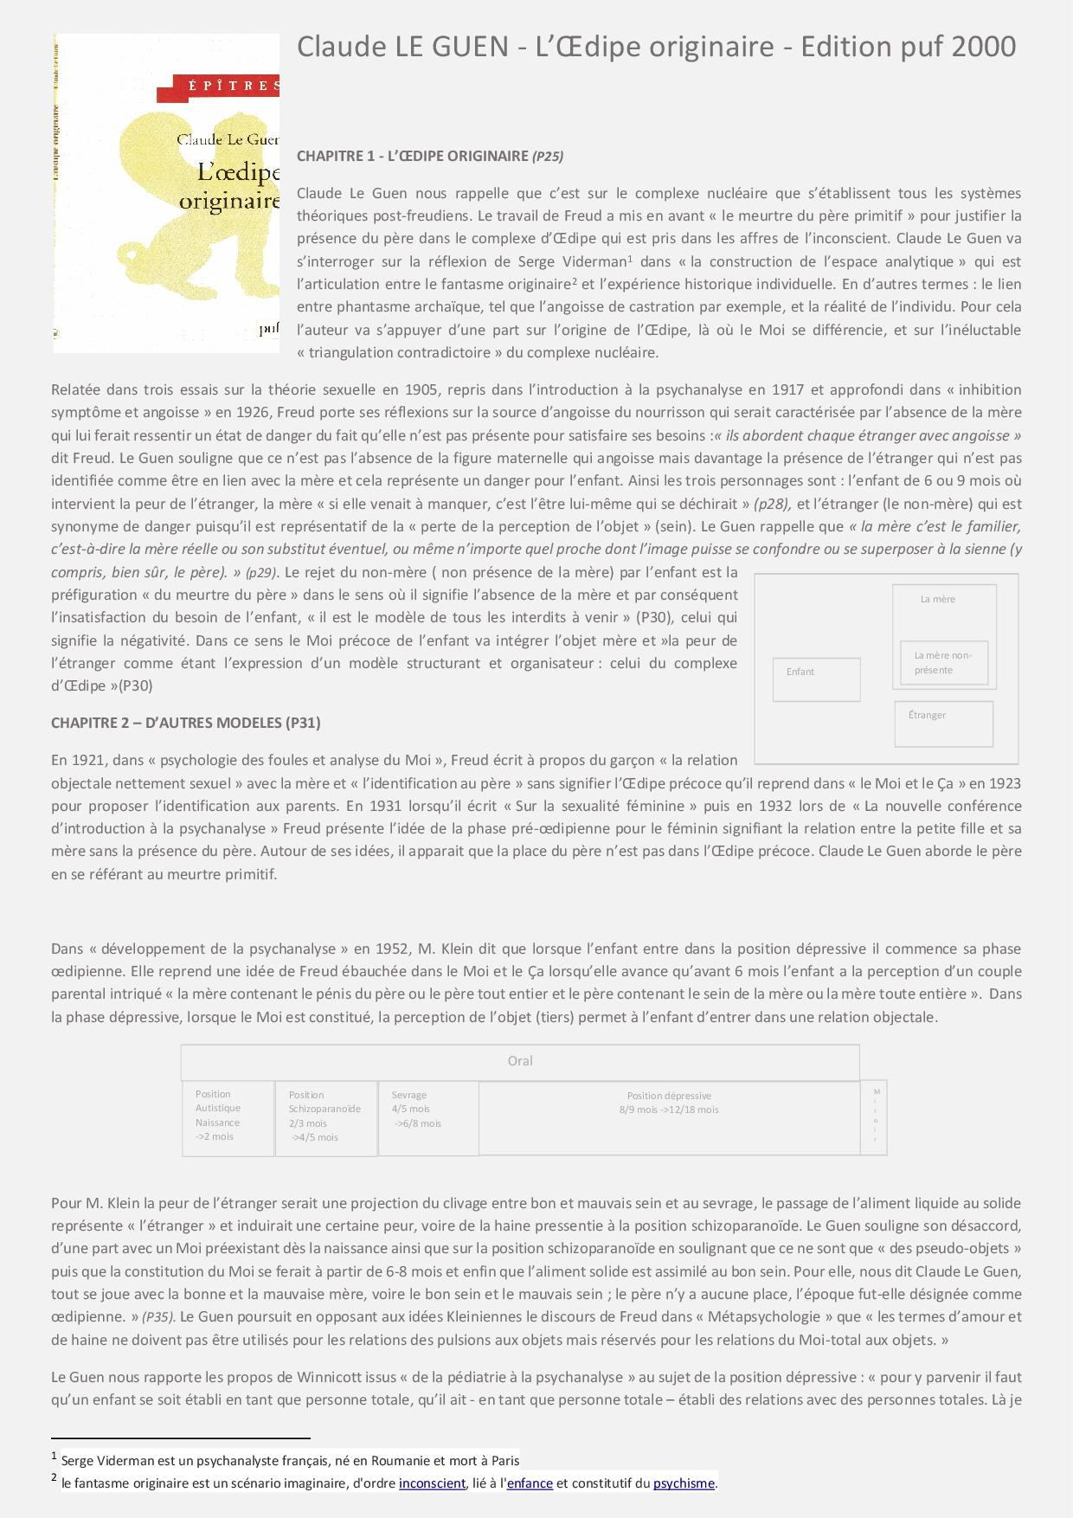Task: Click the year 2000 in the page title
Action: coord(983,47)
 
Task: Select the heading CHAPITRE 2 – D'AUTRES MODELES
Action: coord(186,723)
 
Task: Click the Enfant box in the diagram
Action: coord(816,679)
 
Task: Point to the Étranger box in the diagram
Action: coord(943,724)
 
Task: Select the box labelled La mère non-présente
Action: coord(943,663)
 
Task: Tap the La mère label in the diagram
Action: coord(938,599)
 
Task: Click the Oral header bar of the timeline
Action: coord(520,1061)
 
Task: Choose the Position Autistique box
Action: coord(228,1117)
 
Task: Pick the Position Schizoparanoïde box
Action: coord(325,1117)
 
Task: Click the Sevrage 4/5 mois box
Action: coord(428,1117)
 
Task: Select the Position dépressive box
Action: coord(669,1117)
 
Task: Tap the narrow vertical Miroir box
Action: coord(874,1117)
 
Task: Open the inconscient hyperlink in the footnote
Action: coord(432,1483)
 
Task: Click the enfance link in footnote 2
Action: coord(530,1483)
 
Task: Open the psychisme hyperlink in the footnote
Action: coord(684,1483)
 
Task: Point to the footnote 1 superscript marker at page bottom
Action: coord(54,1457)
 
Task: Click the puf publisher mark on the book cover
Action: coord(269,329)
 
